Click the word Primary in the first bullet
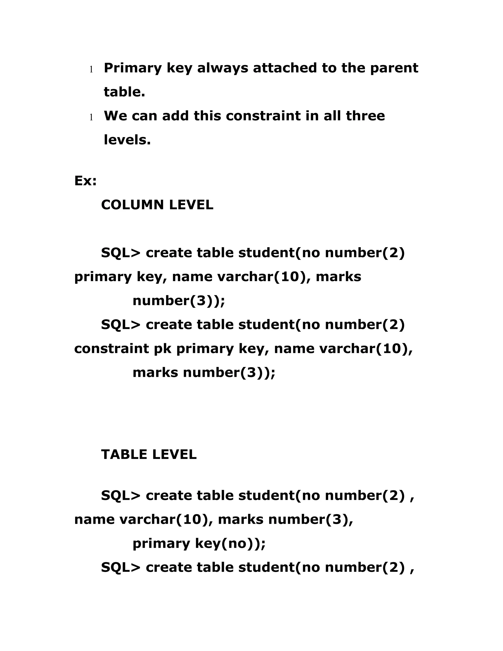[x=132, y=69]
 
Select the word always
[x=222, y=68]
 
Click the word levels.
[x=127, y=140]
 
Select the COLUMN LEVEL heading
[x=157, y=205]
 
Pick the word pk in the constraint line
[x=162, y=348]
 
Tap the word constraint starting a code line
[x=112, y=348]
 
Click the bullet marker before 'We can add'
[x=91, y=117]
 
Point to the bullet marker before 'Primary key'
[x=91, y=70]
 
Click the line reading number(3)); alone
[x=179, y=300]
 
